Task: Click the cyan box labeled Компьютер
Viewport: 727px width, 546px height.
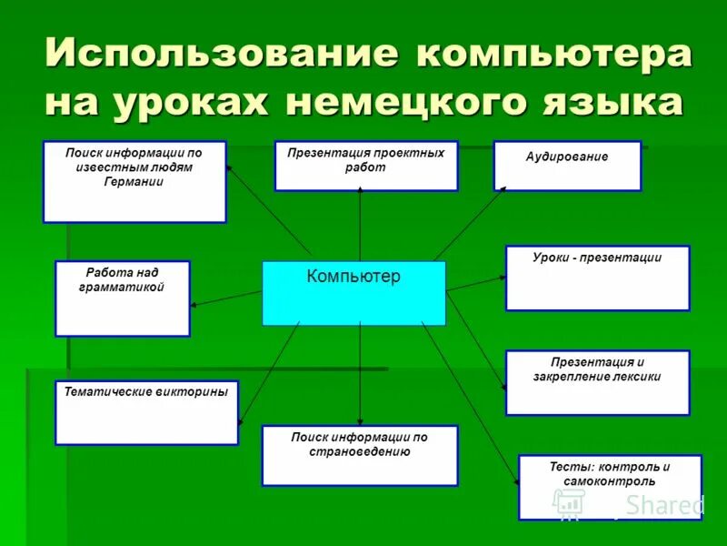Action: [x=354, y=293]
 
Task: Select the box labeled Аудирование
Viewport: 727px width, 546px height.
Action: [x=567, y=166]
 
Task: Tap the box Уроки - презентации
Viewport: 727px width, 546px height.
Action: [x=597, y=278]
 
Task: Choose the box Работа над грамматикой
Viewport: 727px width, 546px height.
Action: [x=123, y=298]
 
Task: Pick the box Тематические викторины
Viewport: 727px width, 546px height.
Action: [x=146, y=412]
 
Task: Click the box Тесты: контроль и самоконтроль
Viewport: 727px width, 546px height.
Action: [x=610, y=487]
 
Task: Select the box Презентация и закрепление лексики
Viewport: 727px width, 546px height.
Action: [x=597, y=382]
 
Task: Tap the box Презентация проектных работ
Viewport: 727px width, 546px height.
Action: [x=365, y=166]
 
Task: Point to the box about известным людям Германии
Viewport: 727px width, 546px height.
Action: [x=134, y=182]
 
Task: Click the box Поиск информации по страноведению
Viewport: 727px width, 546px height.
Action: [x=359, y=455]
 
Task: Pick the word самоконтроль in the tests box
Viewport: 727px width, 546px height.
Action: [x=609, y=480]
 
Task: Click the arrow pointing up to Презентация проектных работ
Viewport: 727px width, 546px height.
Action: [x=360, y=223]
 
